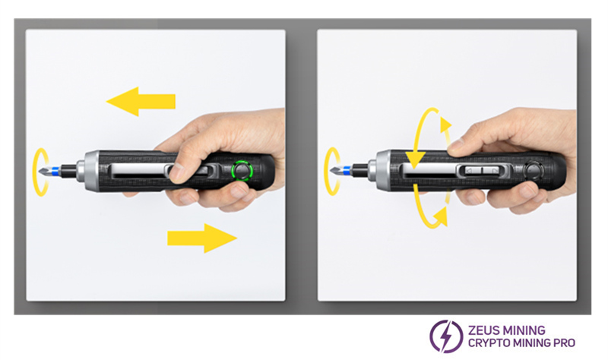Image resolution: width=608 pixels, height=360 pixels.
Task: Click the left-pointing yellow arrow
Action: point(141,102)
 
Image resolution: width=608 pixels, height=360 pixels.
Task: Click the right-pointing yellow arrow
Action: point(202,238)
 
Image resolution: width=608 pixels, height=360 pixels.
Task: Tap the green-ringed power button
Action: point(242,170)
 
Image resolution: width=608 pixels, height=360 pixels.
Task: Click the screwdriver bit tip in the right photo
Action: point(332,170)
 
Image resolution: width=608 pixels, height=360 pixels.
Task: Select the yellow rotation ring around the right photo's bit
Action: point(327,170)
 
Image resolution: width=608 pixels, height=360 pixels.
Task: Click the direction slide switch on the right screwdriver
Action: point(482,170)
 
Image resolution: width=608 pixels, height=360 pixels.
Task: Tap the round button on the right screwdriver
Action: point(534,170)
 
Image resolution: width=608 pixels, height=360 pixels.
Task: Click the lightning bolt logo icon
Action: point(446,336)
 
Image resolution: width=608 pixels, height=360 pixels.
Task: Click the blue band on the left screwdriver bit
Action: point(56,170)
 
